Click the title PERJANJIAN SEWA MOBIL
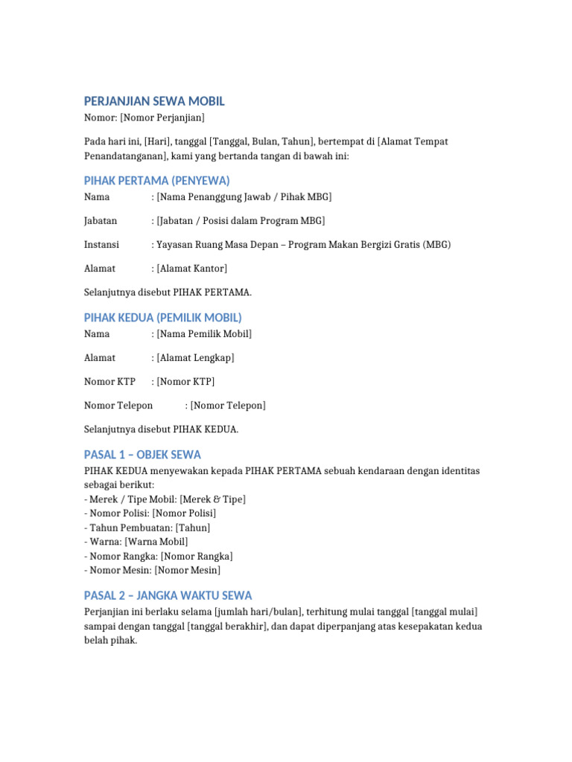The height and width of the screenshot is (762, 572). (154, 101)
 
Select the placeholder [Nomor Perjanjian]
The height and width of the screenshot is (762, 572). (163, 118)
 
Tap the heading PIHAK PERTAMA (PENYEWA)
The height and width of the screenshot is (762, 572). (157, 181)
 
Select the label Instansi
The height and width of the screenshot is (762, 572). (102, 244)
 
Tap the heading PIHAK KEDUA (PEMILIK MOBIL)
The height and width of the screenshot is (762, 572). (163, 318)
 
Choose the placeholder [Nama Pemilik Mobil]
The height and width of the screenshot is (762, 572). (204, 333)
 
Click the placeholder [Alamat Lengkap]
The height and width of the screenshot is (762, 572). (195, 357)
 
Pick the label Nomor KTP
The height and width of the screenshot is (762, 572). (110, 381)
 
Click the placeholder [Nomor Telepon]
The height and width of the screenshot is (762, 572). (228, 405)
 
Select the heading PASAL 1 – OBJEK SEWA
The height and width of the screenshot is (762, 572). (143, 455)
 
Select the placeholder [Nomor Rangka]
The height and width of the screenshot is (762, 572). (197, 556)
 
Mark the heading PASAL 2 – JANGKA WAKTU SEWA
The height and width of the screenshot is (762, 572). (168, 595)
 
